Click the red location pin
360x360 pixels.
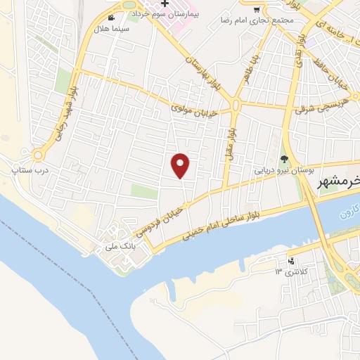tap(181, 165)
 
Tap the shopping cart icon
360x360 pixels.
tap(257, 9)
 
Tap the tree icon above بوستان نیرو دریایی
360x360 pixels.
tap(285, 159)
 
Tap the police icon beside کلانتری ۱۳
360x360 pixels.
tap(278, 270)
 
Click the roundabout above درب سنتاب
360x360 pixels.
tap(38, 154)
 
